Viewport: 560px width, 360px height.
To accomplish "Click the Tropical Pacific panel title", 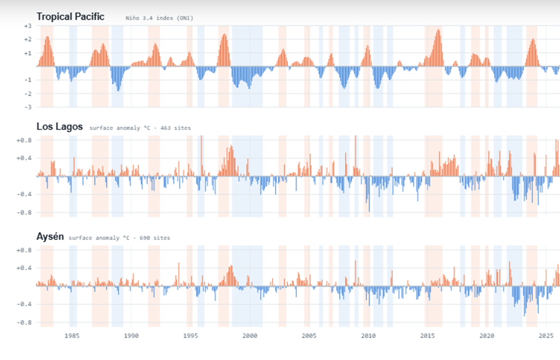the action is (70, 17).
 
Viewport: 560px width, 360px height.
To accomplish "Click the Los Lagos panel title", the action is (60, 127).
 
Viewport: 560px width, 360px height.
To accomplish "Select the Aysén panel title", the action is (50, 237).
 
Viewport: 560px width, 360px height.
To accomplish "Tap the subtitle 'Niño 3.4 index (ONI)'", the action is (159, 18).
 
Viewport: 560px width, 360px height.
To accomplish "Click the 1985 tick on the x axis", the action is (72, 336).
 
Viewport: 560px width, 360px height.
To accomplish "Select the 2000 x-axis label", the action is (250, 336).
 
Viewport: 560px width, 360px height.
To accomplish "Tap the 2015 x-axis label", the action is (428, 336).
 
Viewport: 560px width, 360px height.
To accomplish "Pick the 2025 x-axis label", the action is (546, 336).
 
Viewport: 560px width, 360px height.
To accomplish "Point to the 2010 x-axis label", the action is (368, 336).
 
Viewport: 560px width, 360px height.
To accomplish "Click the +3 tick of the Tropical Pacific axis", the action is (28, 26).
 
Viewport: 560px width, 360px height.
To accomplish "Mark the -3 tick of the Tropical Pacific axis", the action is (28, 107).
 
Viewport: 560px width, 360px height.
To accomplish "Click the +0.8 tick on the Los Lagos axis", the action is (24, 140).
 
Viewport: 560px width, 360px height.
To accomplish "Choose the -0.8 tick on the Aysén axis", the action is (24, 322).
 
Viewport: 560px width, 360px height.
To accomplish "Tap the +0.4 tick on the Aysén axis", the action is (24, 268).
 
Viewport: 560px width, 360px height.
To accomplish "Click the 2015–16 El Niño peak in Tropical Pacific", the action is (438, 30).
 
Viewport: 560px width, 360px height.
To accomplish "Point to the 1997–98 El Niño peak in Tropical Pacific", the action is (224, 34).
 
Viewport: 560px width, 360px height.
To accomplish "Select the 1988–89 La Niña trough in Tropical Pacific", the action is (119, 90).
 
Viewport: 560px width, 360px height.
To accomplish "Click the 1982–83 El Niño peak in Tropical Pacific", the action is (47, 37).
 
